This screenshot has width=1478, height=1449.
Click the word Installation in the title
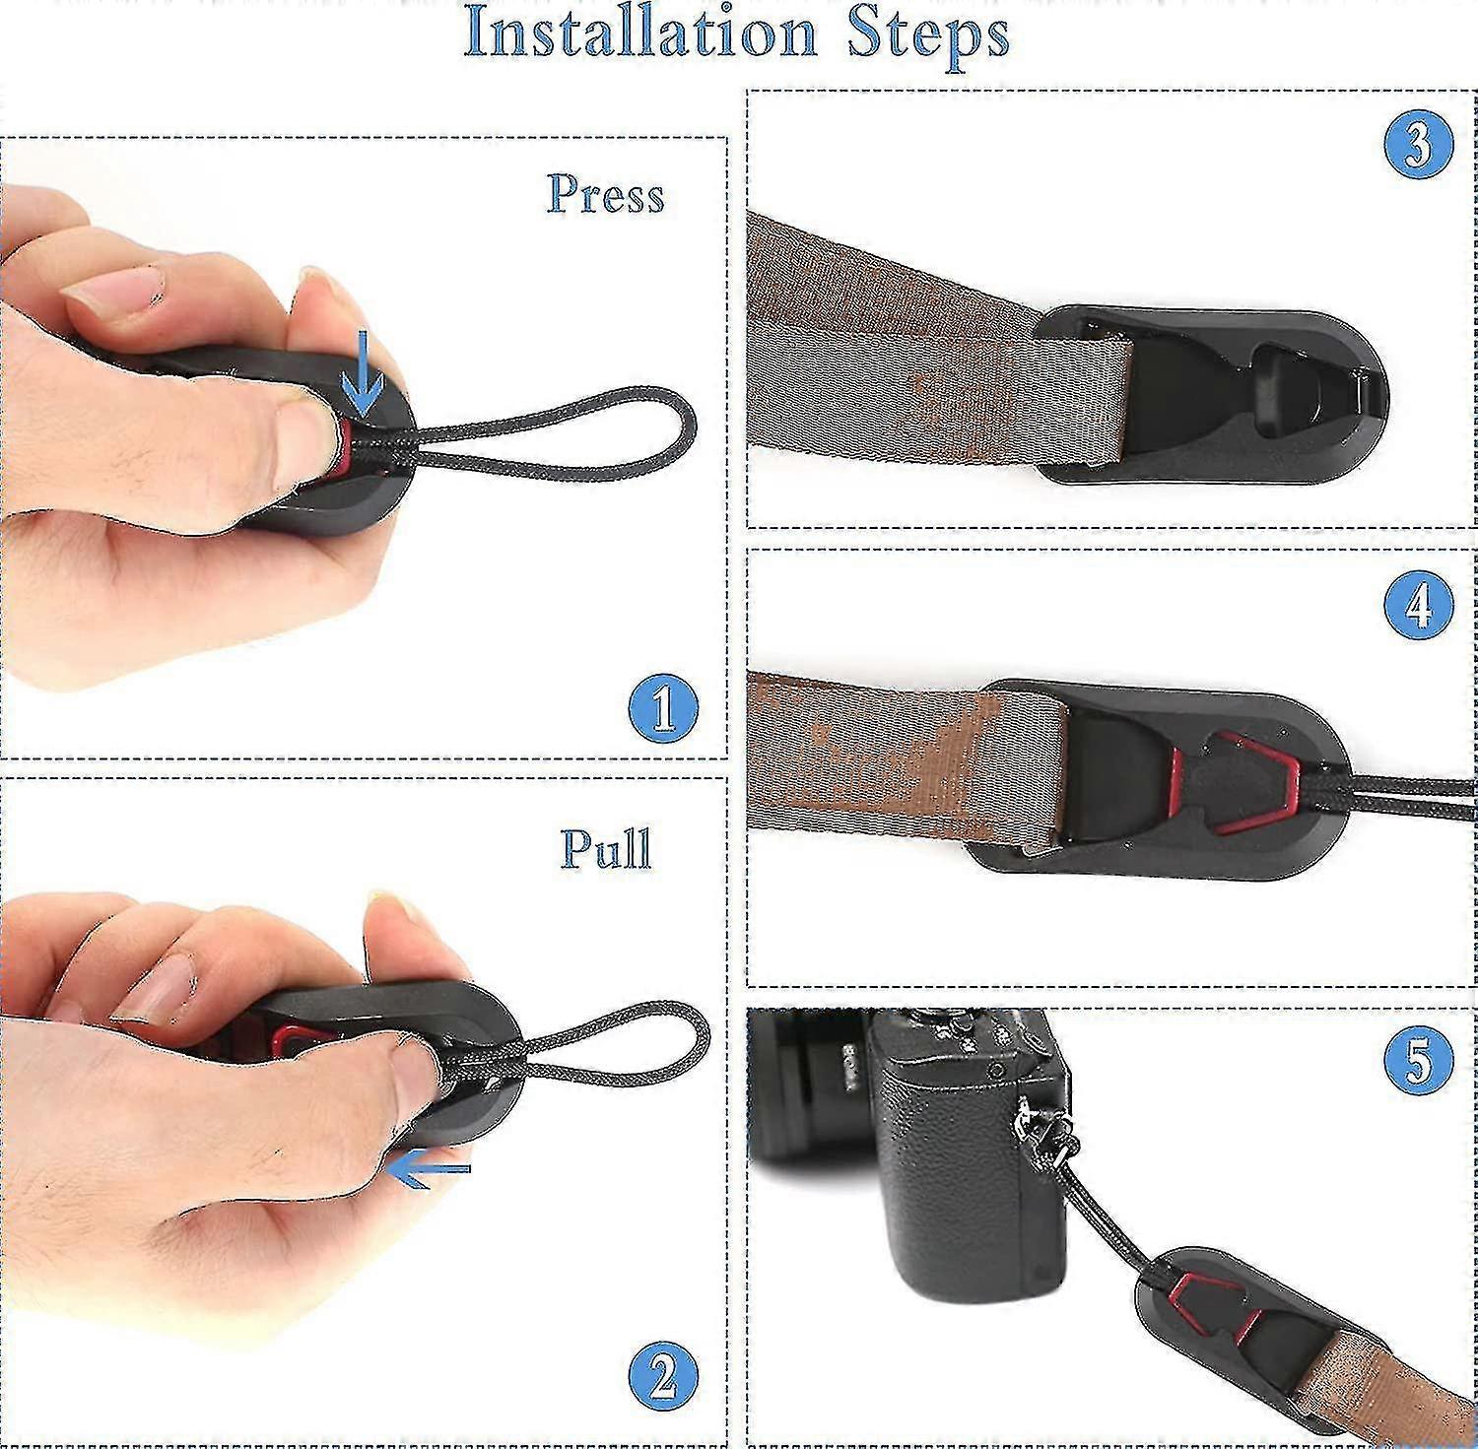tap(641, 33)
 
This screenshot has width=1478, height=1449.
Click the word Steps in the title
tap(929, 35)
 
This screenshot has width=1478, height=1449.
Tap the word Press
tap(606, 194)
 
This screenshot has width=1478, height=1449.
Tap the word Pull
tap(606, 848)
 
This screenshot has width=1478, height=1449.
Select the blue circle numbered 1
tap(663, 708)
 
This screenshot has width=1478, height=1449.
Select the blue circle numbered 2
tap(663, 1376)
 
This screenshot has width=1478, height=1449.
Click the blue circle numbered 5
tap(1418, 1061)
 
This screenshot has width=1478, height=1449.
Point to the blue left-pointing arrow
tap(428, 1170)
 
